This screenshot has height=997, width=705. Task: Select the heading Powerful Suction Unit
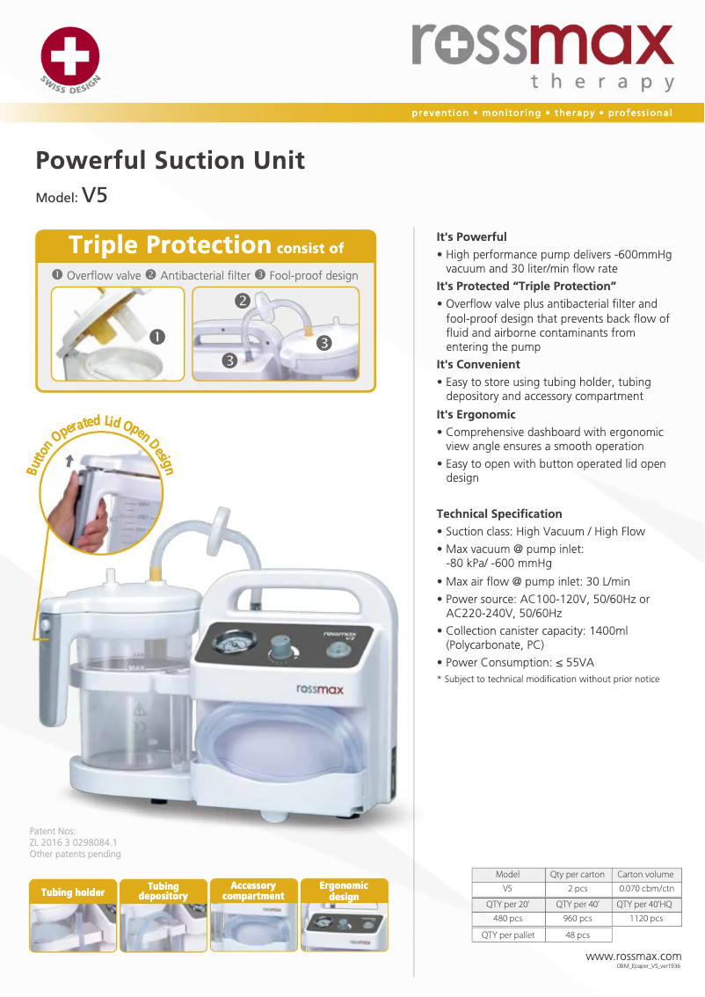[170, 161]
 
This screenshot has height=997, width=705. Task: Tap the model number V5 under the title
[94, 195]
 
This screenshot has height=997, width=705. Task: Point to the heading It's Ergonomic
[476, 414]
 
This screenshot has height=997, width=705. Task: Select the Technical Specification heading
[498, 513]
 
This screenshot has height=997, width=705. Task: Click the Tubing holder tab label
[73, 892]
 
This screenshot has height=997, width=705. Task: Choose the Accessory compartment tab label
[253, 891]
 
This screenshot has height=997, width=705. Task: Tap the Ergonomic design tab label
[344, 891]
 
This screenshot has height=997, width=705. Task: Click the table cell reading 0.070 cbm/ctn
[646, 889]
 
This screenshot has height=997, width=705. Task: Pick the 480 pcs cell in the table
[508, 919]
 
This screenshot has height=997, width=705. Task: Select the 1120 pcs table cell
[646, 919]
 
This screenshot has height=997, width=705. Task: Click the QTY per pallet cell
[508, 935]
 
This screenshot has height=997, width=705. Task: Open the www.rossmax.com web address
[633, 956]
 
